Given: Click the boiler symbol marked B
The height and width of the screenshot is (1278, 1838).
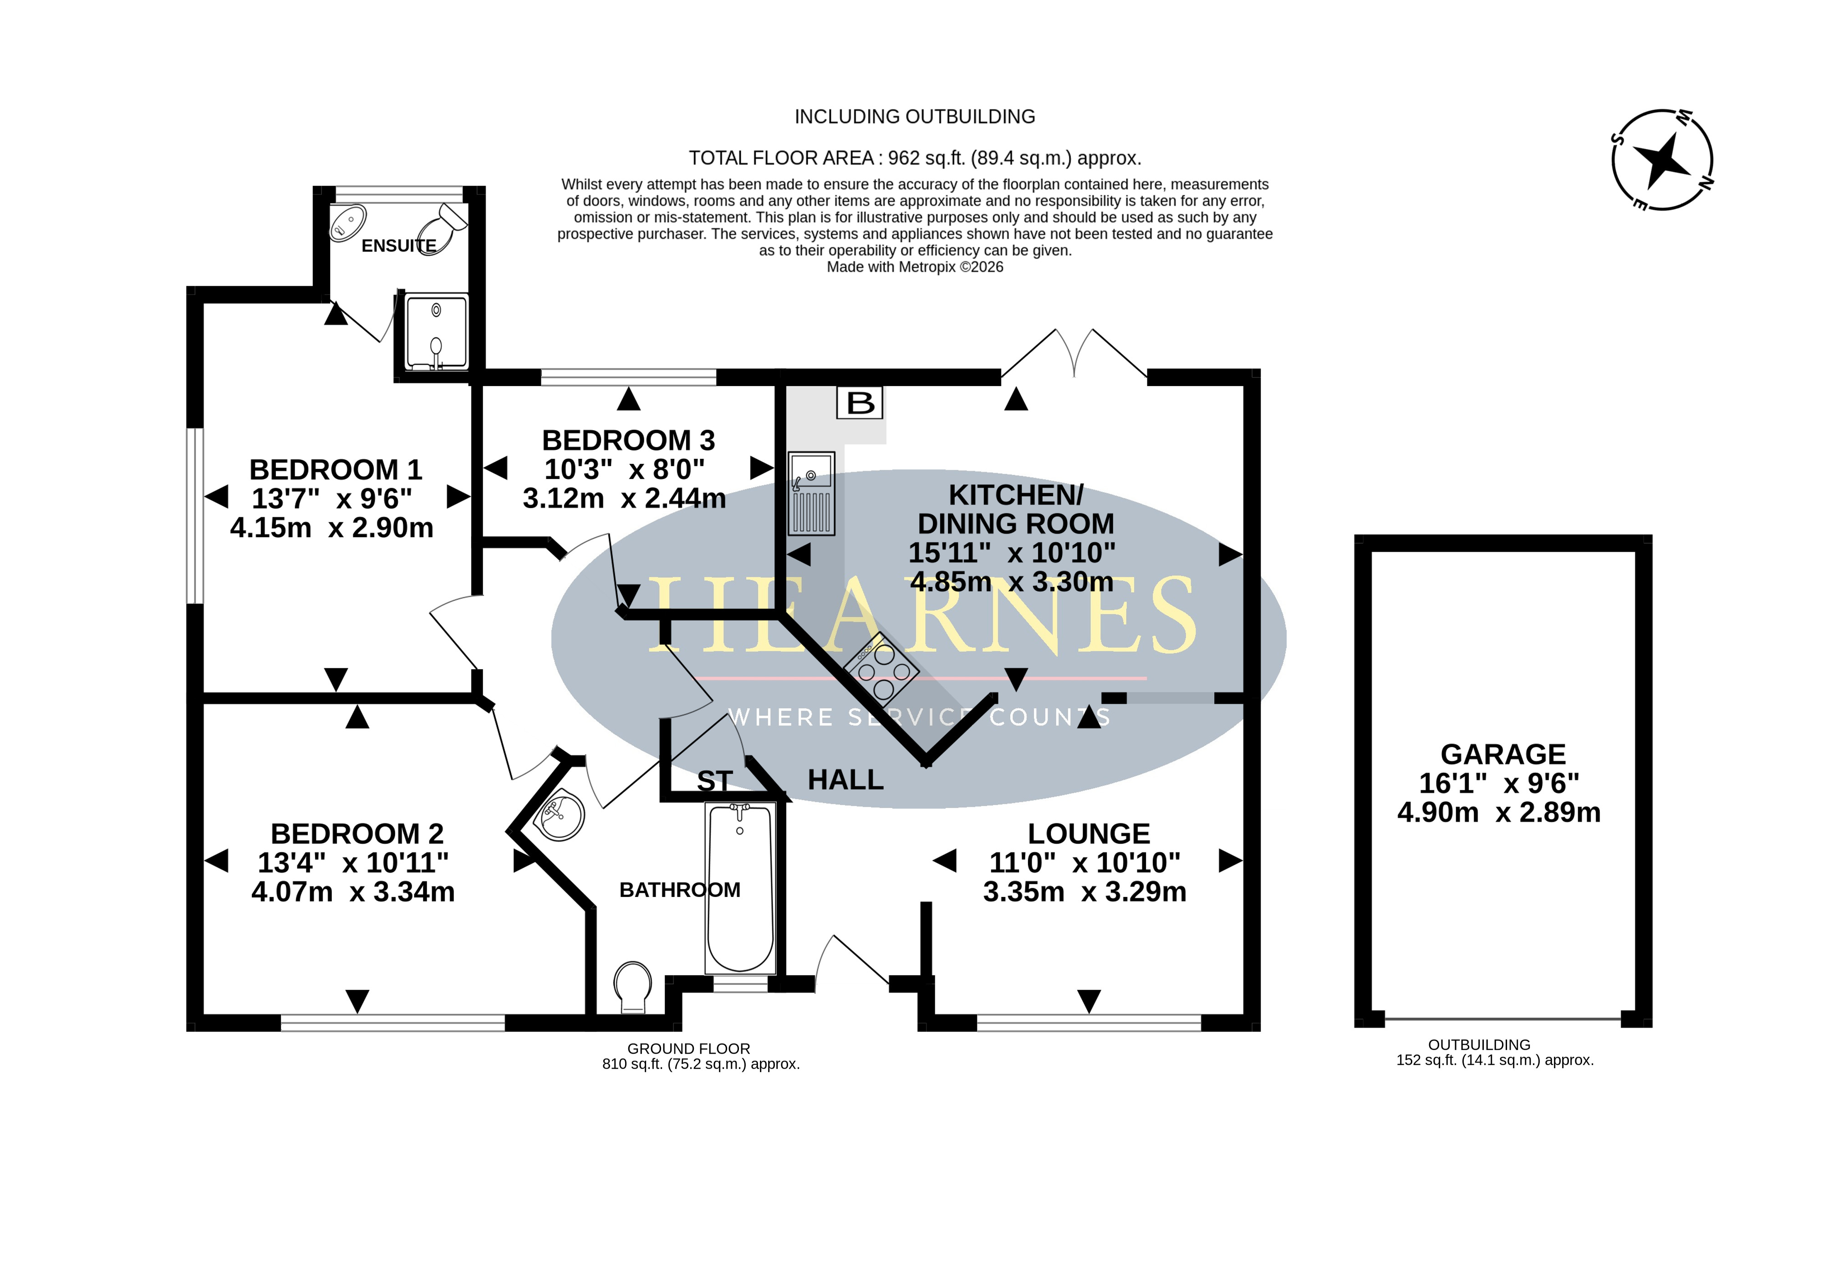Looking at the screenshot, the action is (860, 403).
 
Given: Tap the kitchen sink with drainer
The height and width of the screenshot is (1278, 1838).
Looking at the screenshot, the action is (812, 493).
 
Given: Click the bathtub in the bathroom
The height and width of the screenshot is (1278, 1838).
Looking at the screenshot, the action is (740, 888).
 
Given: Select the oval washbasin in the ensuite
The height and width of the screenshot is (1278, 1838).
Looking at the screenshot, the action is (348, 223).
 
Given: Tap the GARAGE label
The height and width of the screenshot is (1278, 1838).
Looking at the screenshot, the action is (1502, 754).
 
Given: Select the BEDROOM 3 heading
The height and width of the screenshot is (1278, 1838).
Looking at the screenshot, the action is (628, 440).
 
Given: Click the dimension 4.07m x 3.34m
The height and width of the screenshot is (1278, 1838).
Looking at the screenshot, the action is (353, 892).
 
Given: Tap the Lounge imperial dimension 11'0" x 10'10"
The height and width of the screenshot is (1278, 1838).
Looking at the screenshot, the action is (1084, 862).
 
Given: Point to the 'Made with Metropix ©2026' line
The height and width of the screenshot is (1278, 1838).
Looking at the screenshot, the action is (915, 267).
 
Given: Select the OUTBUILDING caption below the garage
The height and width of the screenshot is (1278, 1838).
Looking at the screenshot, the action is (1479, 1045).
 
